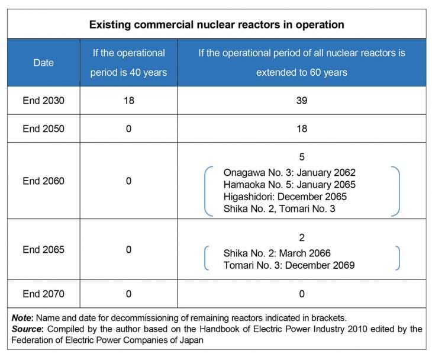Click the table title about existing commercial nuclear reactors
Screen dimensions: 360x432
[217, 25]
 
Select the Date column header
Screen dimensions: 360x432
[43, 63]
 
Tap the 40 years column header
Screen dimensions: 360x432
[128, 63]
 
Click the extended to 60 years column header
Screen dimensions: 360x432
[301, 63]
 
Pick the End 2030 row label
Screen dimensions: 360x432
[43, 101]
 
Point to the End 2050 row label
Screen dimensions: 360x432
[43, 128]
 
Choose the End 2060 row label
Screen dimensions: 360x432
[43, 181]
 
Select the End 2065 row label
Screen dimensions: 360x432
[43, 249]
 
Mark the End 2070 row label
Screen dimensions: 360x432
[43, 294]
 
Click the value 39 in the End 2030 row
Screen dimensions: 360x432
[301, 101]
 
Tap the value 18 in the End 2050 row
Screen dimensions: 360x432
[301, 128]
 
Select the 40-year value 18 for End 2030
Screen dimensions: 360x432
[128, 101]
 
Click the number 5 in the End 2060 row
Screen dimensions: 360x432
[301, 157]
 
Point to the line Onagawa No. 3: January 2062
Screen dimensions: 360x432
[289, 172]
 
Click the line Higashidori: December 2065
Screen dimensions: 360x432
[285, 197]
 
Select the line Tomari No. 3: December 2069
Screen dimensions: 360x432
[289, 265]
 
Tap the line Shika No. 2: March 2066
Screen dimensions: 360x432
[277, 253]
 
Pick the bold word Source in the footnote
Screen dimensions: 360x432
[27, 329]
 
